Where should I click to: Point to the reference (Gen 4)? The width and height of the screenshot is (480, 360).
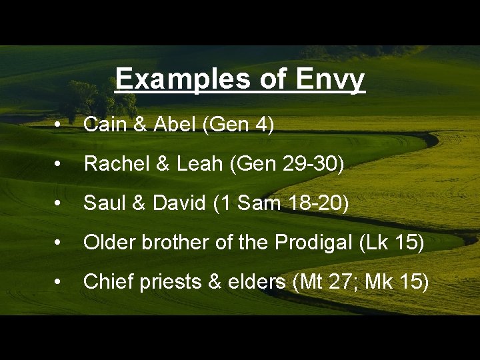(x=232, y=125)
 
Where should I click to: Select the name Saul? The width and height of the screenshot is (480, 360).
(x=103, y=203)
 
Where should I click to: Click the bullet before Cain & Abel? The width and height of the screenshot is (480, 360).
(x=59, y=125)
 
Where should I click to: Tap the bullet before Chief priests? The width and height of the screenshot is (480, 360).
(x=59, y=283)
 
